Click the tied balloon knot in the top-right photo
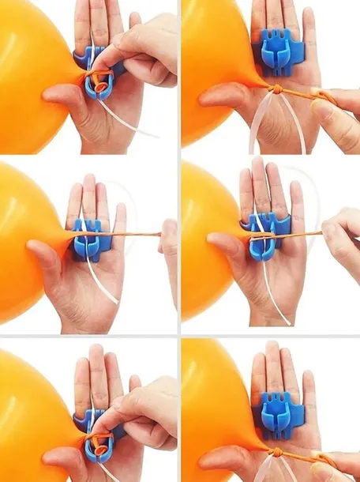279,88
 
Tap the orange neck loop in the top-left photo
99,80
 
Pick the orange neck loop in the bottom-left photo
99,448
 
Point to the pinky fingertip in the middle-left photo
120,212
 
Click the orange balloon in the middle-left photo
24,237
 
